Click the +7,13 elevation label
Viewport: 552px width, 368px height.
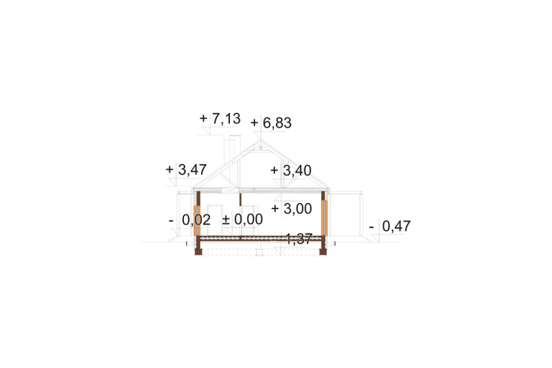[x=220, y=119]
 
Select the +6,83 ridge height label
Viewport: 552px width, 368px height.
[x=270, y=123]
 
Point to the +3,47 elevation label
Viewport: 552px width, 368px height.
[x=186, y=170]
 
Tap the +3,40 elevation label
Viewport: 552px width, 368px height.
[x=291, y=171]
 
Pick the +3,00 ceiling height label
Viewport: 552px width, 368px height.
[x=291, y=209]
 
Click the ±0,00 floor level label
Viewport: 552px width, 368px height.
[x=242, y=219]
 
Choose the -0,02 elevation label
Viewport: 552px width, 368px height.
[x=189, y=220]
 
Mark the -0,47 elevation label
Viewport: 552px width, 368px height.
[x=390, y=227]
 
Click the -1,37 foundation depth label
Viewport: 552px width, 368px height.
[x=292, y=239]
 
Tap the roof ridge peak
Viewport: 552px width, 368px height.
[x=261, y=141]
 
